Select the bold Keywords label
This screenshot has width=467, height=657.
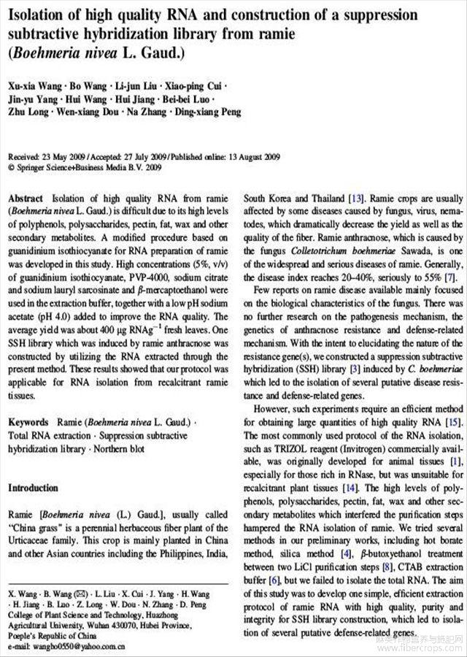point(28,423)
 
